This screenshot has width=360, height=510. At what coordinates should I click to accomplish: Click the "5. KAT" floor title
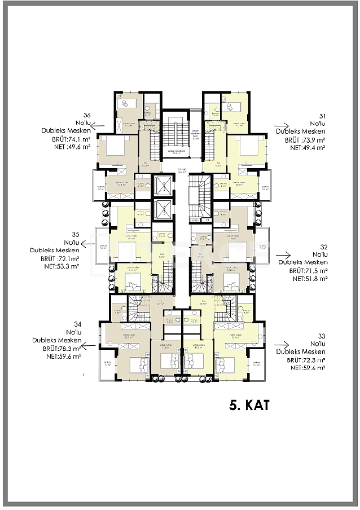coord(249,405)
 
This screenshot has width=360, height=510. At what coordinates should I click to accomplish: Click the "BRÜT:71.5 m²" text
coord(308,271)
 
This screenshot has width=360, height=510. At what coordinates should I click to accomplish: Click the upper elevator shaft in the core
coord(163,186)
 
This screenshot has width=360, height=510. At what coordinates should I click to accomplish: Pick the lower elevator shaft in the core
coord(163,207)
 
